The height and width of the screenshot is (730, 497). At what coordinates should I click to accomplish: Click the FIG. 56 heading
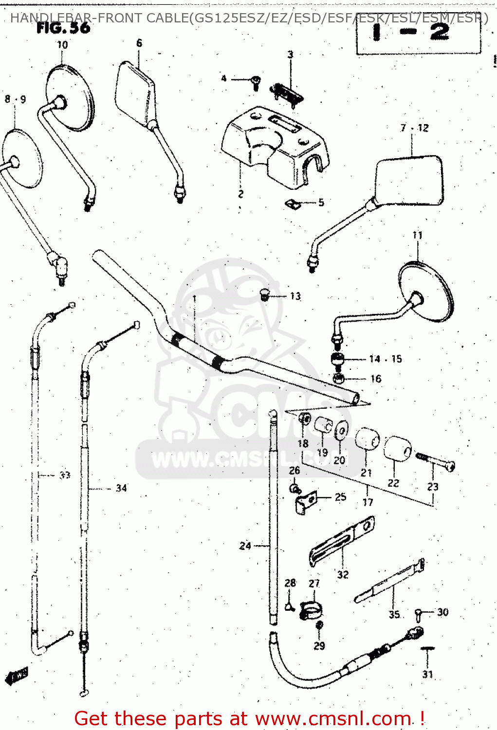63,28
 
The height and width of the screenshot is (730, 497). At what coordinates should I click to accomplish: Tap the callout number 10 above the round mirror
62,45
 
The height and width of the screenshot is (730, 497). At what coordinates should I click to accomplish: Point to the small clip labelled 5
293,204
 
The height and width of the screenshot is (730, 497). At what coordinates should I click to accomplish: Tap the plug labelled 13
265,294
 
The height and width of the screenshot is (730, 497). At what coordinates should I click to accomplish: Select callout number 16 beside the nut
376,379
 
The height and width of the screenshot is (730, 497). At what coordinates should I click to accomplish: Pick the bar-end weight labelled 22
398,448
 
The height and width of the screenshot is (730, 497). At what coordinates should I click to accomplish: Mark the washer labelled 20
342,431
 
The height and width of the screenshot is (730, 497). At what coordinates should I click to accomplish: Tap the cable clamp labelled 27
311,610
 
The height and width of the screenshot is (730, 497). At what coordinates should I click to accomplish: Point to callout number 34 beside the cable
121,488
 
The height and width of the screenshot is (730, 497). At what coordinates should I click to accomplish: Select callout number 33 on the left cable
65,475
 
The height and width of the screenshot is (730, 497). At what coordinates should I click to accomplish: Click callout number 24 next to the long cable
245,546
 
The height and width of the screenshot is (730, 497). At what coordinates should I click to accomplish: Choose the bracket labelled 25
306,501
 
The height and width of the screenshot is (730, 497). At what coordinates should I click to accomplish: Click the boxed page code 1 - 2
419,33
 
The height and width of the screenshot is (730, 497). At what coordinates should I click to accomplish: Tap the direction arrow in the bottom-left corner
16,675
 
